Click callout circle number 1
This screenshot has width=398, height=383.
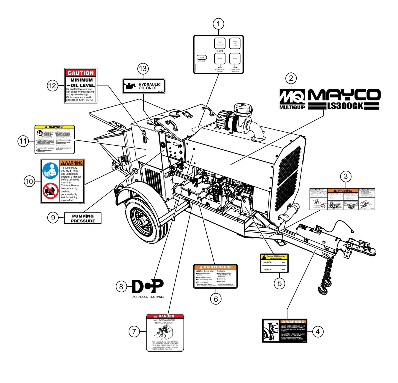[x=218, y=24]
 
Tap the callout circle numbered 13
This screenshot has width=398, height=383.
[x=143, y=69]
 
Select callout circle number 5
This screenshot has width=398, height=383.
[x=280, y=283]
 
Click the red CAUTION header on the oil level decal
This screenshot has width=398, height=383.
[x=81, y=73]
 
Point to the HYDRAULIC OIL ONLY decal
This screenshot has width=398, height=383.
[x=144, y=86]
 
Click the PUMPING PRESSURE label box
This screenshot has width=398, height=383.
[x=83, y=218]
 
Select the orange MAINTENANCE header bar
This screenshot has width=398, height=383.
[x=215, y=267]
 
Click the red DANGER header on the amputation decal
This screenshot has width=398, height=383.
[x=165, y=316]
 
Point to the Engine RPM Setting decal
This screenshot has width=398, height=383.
[x=274, y=263]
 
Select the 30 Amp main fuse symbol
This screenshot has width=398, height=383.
[x=202, y=58]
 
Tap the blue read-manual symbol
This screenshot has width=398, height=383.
[x=50, y=171]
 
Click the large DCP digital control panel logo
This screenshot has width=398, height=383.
[x=147, y=286]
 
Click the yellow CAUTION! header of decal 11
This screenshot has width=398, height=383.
[x=55, y=127]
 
